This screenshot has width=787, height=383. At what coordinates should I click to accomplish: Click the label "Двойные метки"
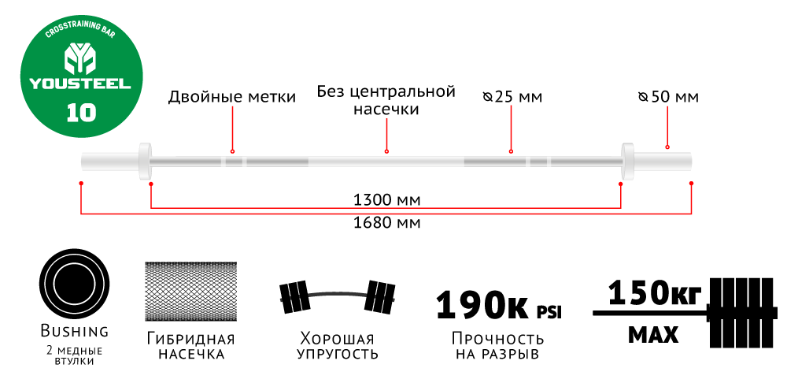(231, 97)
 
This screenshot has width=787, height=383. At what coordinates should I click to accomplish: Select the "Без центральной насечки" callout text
(386, 101)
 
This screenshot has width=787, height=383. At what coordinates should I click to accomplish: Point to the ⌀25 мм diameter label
(512, 97)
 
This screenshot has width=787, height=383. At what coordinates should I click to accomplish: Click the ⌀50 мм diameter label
(668, 97)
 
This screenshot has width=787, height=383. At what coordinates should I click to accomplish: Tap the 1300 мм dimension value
(386, 198)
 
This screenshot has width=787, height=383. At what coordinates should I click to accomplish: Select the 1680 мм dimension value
(386, 222)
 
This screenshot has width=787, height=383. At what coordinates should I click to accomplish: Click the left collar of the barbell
(144, 160)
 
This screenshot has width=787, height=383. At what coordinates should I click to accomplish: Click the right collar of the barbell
(628, 160)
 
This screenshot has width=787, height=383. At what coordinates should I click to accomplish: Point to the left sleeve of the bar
(109, 161)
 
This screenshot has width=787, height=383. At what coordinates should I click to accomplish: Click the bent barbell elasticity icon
(338, 297)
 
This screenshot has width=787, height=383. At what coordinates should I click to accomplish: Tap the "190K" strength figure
(481, 304)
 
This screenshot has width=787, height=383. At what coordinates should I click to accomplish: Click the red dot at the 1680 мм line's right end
(691, 183)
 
